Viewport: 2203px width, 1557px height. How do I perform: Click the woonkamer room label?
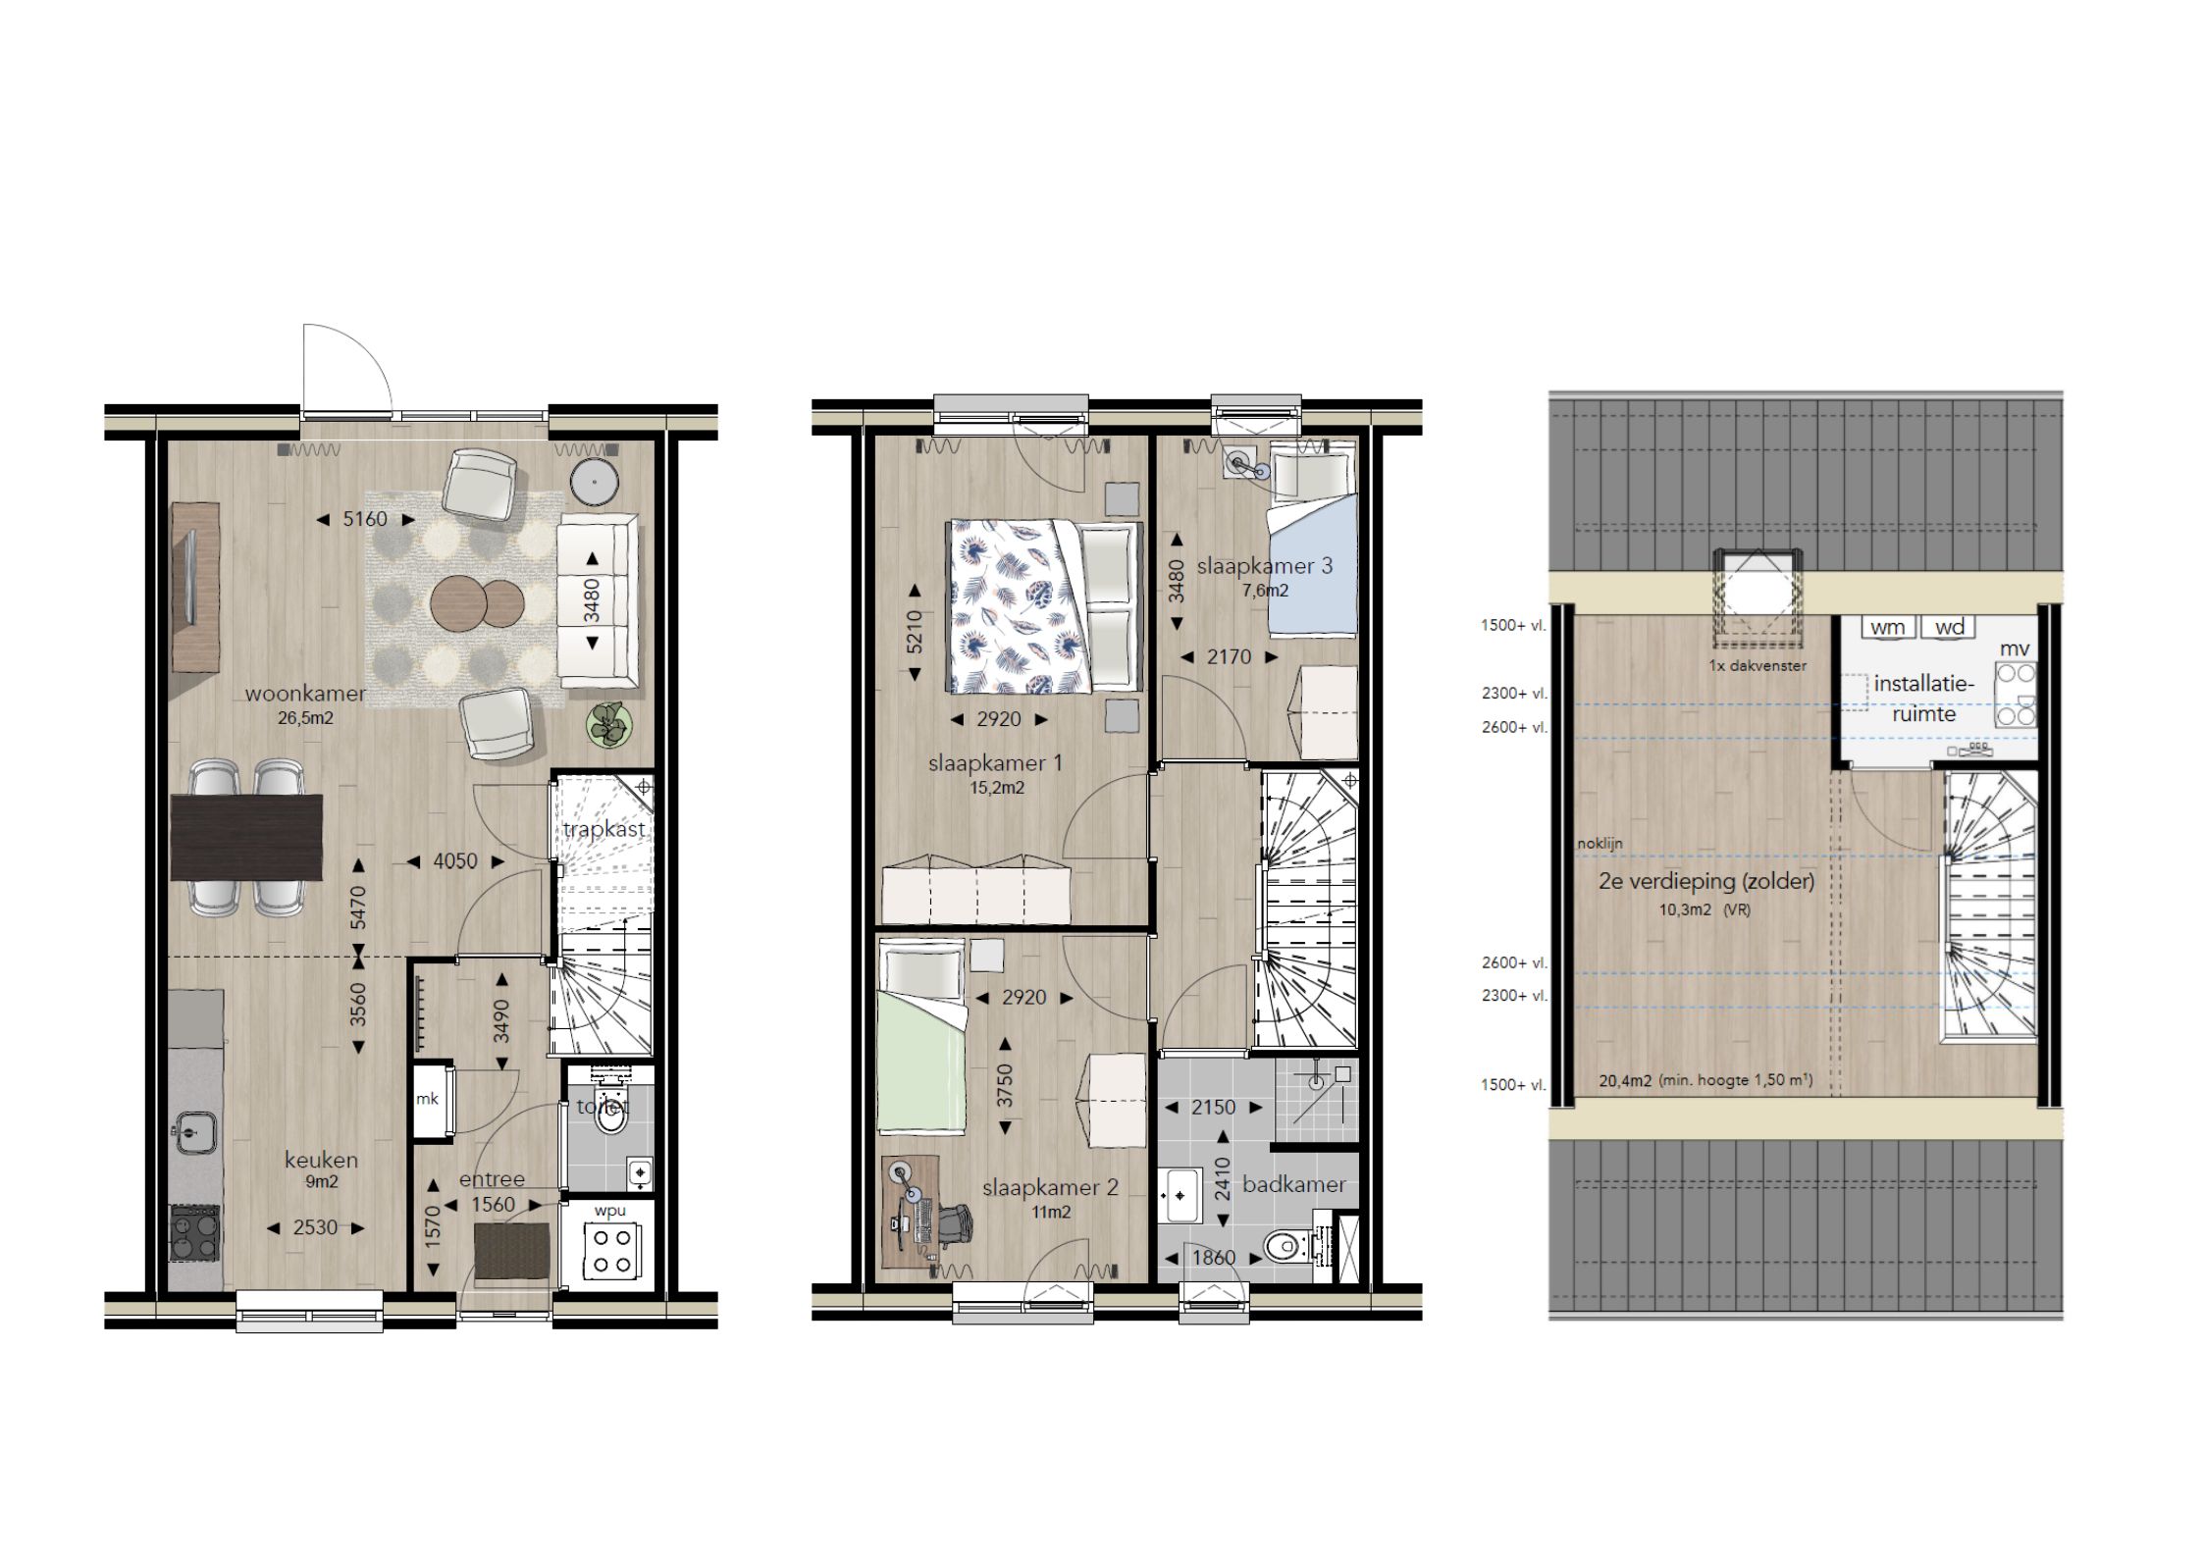(305, 694)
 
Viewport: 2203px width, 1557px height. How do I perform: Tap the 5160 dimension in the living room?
(365, 519)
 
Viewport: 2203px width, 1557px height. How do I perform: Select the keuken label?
(321, 1160)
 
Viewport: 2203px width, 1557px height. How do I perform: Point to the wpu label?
(609, 1211)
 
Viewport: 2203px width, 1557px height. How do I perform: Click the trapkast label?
(604, 829)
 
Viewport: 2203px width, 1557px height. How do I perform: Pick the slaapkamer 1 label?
(995, 762)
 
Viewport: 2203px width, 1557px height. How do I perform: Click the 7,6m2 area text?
(1265, 591)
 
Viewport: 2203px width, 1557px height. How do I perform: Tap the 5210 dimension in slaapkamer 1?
(915, 632)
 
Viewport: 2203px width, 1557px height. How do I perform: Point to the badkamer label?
(1293, 1184)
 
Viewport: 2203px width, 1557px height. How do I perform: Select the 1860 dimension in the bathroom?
(1213, 1258)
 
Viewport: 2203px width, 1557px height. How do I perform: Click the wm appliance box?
(1887, 627)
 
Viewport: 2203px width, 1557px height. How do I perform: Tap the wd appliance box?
(1949, 627)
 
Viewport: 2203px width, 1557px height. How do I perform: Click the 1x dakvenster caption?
(1757, 665)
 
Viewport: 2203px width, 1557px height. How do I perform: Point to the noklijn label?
(1600, 843)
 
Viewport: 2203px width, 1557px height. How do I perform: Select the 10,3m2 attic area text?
(1685, 909)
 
